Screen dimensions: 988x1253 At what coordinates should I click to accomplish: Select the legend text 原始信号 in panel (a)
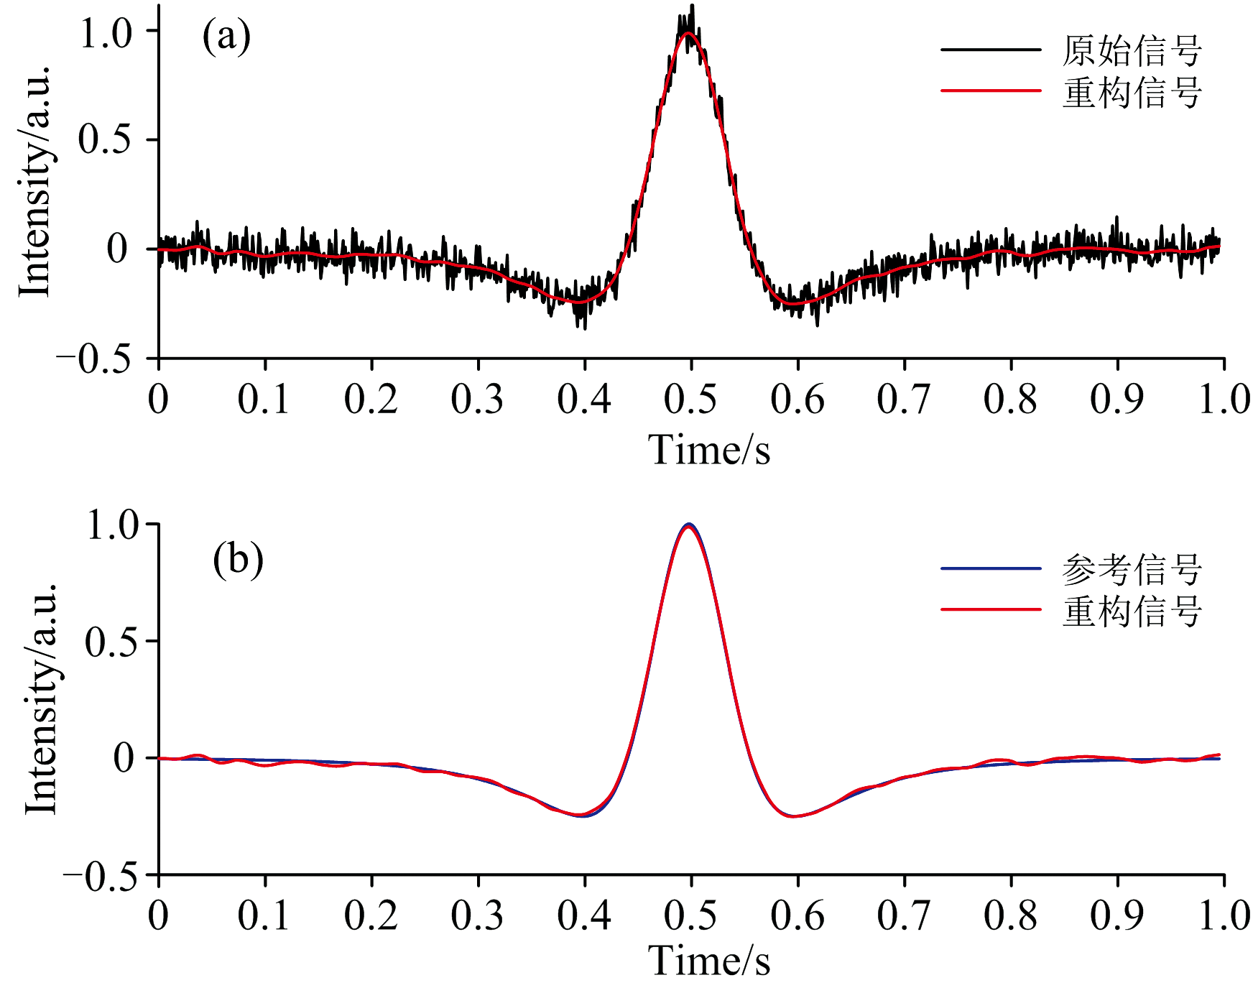(x=1132, y=50)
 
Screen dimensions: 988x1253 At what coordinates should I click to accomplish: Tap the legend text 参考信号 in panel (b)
(x=1132, y=569)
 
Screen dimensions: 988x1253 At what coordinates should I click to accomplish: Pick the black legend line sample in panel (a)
(x=991, y=50)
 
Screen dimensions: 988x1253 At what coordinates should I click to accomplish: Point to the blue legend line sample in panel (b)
(x=991, y=568)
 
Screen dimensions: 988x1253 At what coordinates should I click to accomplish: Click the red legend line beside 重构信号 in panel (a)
(x=991, y=91)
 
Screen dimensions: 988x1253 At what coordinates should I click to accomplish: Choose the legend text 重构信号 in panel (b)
(x=1132, y=611)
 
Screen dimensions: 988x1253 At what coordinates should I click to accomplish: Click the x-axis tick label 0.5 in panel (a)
(x=690, y=400)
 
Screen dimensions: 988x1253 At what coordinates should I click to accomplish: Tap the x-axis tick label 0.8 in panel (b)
(x=1010, y=916)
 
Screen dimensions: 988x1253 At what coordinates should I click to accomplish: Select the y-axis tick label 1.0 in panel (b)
(x=112, y=525)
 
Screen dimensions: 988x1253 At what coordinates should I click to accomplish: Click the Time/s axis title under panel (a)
(x=709, y=451)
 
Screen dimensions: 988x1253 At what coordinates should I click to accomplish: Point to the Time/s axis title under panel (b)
(x=709, y=961)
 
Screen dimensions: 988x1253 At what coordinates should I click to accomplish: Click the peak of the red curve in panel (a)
(x=688, y=33)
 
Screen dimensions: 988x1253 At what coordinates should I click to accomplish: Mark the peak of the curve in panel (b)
(x=689, y=525)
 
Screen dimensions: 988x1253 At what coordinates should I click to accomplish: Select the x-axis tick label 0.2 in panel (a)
(x=371, y=400)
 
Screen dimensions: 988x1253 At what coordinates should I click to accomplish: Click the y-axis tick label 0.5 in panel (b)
(x=112, y=642)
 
